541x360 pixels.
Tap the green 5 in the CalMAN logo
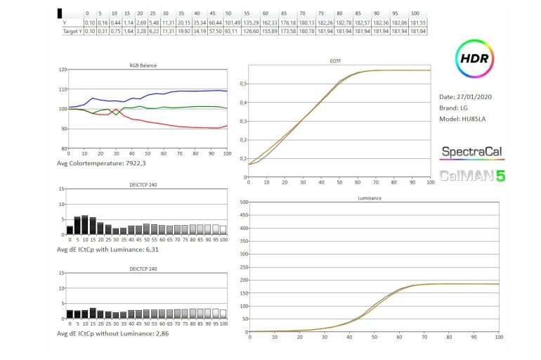click(x=500, y=176)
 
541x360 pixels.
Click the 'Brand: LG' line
click(x=453, y=108)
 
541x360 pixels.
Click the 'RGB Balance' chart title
click(x=143, y=65)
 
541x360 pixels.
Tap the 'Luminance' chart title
click(x=370, y=198)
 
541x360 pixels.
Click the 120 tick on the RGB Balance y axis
click(x=62, y=70)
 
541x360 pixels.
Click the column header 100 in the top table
click(x=415, y=13)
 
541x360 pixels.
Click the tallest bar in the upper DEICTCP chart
click(x=85, y=224)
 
